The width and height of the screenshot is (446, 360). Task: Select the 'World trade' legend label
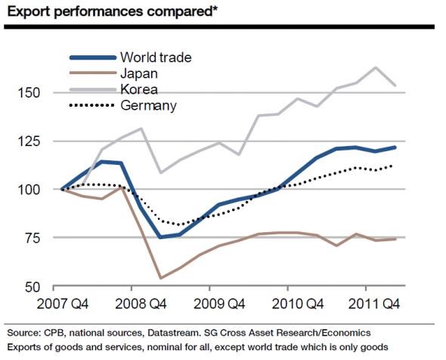(x=156, y=57)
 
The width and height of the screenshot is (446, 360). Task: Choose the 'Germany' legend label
(x=149, y=105)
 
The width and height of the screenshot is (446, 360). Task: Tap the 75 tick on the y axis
(x=40, y=238)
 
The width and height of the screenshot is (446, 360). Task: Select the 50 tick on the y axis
(x=40, y=287)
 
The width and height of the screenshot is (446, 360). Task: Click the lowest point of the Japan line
(x=160, y=278)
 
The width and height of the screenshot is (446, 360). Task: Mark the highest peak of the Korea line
(x=376, y=67)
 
